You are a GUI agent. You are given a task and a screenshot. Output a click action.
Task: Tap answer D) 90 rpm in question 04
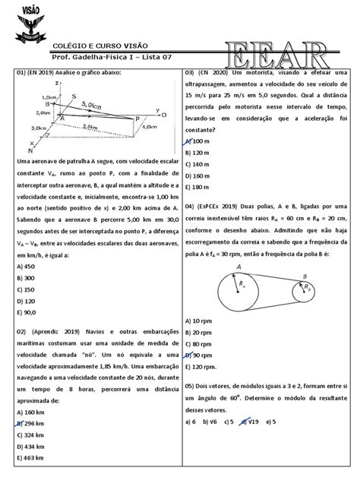click(x=201, y=354)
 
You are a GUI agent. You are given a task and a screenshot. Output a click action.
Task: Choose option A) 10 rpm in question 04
click(x=201, y=321)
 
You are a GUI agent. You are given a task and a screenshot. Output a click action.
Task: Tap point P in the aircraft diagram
click(x=137, y=119)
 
